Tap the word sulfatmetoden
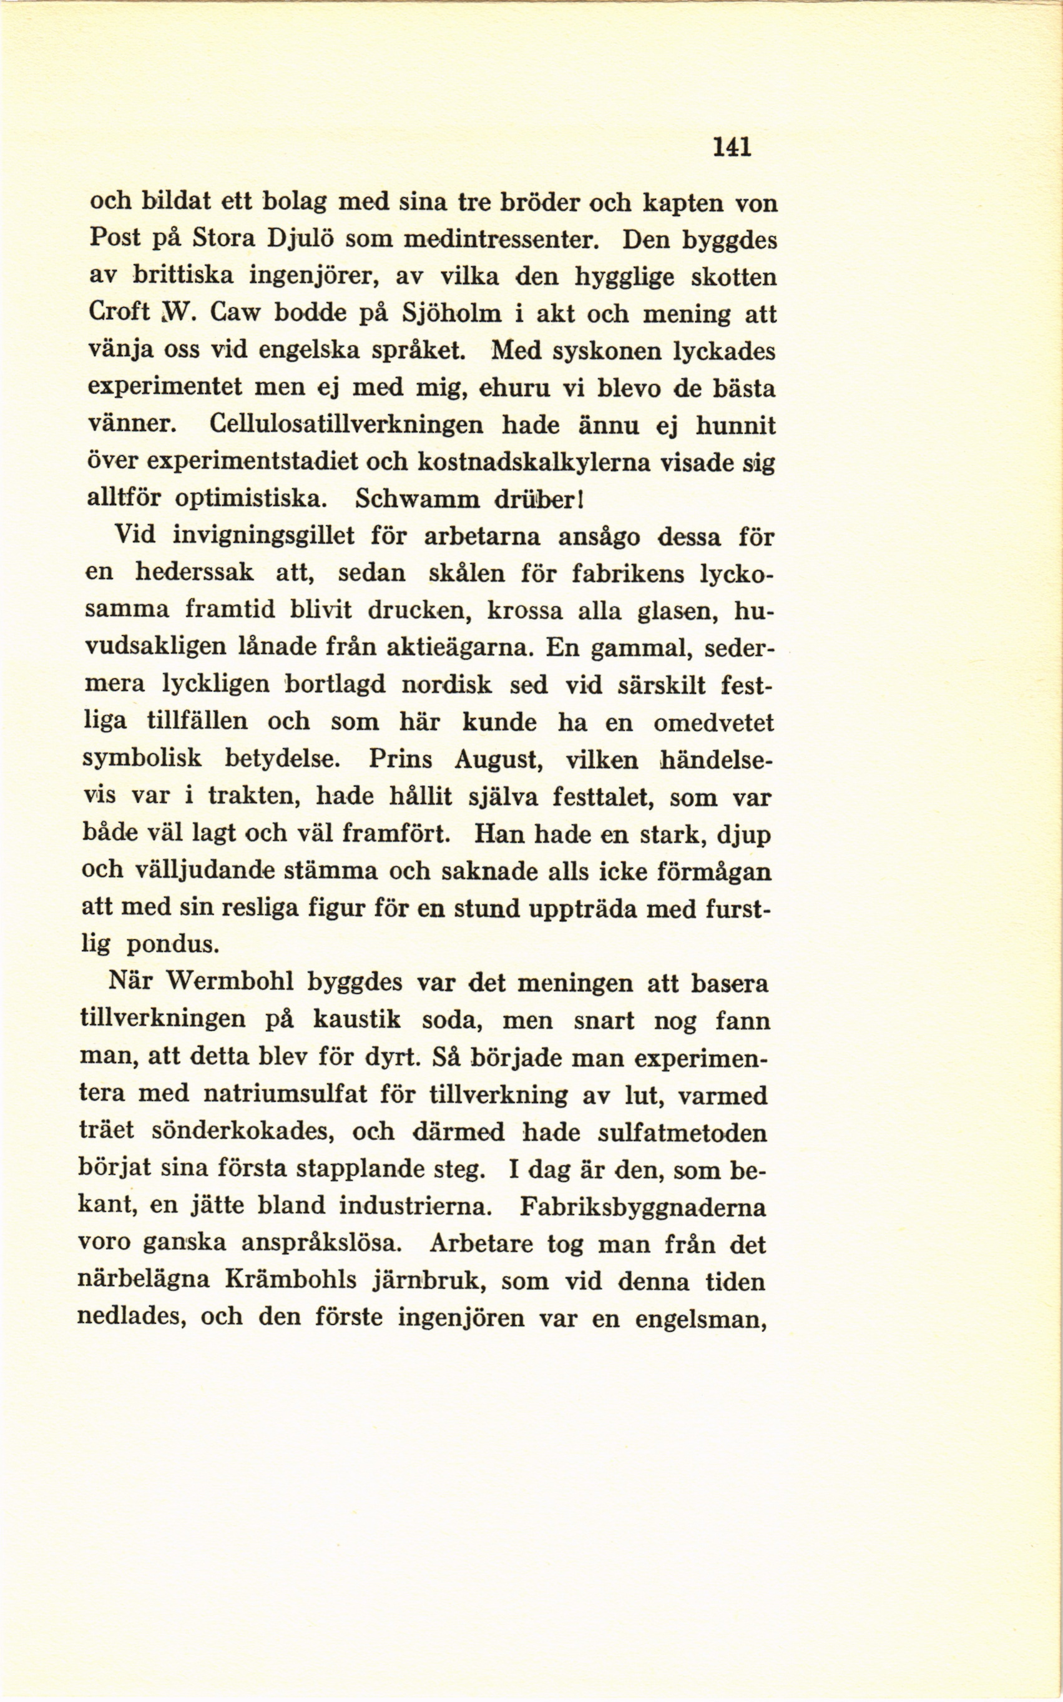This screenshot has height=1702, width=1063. click(683, 1132)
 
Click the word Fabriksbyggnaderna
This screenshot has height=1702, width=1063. click(644, 1207)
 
